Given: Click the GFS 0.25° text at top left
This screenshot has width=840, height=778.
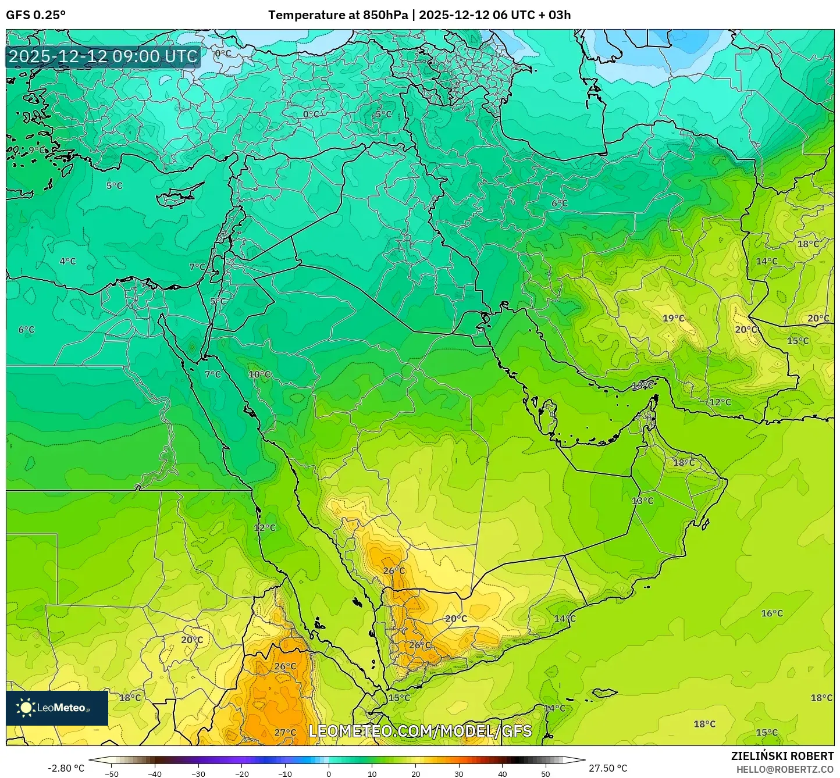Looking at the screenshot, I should click(35, 15).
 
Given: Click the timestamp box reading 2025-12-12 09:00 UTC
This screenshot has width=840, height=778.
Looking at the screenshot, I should click(103, 56).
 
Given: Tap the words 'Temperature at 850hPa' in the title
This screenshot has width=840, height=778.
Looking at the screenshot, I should click(338, 15).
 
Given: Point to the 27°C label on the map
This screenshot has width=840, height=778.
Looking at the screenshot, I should click(285, 732).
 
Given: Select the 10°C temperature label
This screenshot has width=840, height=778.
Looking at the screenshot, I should click(259, 374).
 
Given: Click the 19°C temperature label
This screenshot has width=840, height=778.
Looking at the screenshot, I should click(674, 318).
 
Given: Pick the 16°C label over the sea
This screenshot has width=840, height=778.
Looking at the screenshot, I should click(772, 613).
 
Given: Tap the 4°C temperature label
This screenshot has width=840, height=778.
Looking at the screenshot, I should click(68, 261).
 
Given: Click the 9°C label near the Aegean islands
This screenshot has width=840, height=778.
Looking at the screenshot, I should click(34, 150).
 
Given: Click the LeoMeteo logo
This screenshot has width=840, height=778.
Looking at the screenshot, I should click(57, 708).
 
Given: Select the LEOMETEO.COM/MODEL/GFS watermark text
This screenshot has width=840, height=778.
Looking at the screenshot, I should click(420, 731).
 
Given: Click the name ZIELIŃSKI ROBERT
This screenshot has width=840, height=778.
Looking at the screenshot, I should click(782, 756).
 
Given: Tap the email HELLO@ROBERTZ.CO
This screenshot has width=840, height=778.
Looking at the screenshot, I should click(785, 769).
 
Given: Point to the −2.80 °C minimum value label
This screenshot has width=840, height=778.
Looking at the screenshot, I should click(66, 768).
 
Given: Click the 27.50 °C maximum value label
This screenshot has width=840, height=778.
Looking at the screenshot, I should click(608, 768).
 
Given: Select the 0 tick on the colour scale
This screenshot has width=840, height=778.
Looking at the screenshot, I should click(329, 773).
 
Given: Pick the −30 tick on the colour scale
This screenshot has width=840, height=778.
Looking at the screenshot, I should click(198, 773).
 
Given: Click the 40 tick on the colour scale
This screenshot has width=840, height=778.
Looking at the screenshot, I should click(502, 773).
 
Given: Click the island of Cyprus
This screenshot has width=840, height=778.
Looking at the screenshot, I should click(177, 197).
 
